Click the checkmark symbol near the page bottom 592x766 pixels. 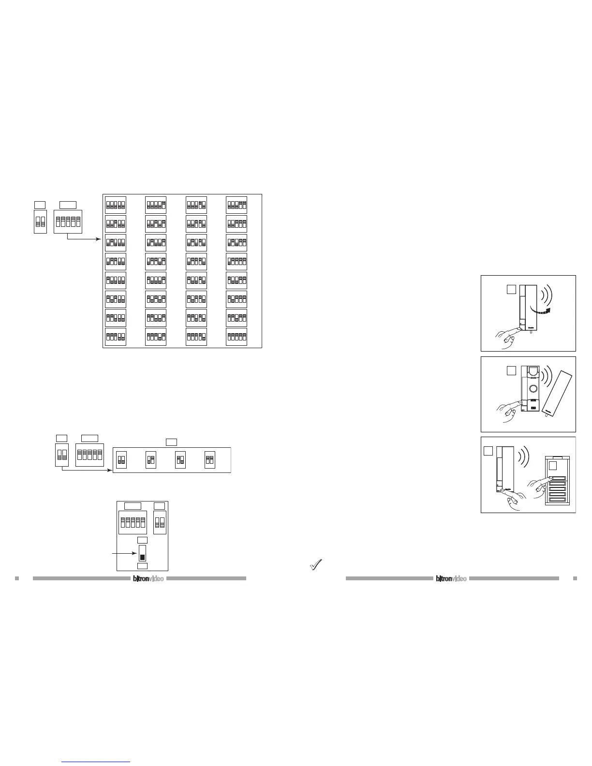pyautogui.click(x=316, y=564)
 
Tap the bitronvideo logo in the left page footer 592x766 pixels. pyautogui.click(x=148, y=578)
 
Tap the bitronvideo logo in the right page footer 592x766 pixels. pyautogui.click(x=451, y=578)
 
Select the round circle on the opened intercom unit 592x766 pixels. pyautogui.click(x=533, y=388)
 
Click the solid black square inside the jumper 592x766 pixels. pyautogui.click(x=142, y=557)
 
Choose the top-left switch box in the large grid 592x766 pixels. pyautogui.click(x=116, y=205)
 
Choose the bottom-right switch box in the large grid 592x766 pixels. pyautogui.click(x=237, y=337)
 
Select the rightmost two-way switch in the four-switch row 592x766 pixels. pyautogui.click(x=209, y=459)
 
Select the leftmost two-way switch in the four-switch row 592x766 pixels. pyautogui.click(x=121, y=459)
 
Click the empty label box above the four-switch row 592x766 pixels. pyautogui.click(x=171, y=442)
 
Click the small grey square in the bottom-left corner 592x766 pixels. pyautogui.click(x=17, y=578)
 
